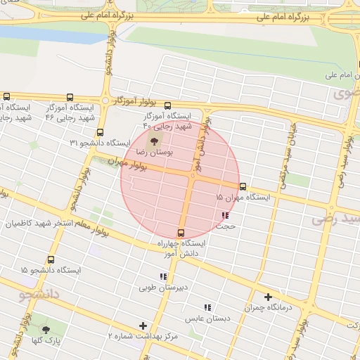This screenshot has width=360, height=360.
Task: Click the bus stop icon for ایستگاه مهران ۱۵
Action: click(243, 186)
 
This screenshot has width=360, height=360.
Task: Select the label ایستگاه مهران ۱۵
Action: click(243, 198)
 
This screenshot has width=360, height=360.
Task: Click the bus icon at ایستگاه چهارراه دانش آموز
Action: click(181, 233)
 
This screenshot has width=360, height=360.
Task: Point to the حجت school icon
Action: click(225, 216)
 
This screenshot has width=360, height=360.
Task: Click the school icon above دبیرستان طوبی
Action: click(164, 276)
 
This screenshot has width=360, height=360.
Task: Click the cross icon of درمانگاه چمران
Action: click(267, 297)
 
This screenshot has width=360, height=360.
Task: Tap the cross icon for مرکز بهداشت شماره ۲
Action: click(143, 326)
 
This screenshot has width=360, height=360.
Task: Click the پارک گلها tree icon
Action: click(46, 330)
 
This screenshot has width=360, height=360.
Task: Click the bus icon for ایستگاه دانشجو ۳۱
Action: click(100, 132)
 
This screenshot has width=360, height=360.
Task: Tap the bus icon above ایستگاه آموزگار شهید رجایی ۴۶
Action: click(69, 98)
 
